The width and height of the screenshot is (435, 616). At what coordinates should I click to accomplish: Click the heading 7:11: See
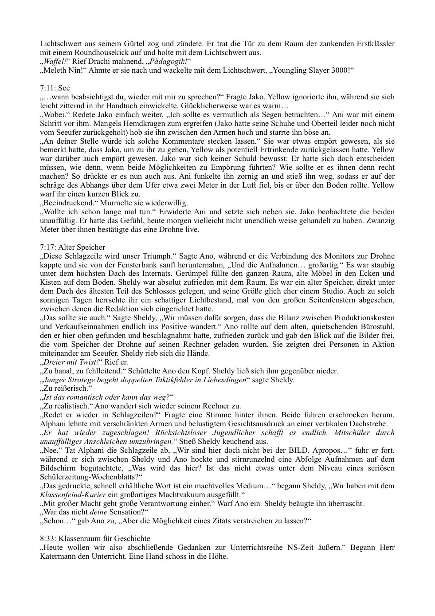(x=55, y=88)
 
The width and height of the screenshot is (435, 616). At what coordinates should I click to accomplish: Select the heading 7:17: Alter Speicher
(x=72, y=247)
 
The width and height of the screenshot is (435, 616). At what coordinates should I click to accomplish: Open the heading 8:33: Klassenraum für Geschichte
(x=95, y=538)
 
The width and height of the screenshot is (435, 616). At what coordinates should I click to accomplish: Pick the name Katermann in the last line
(x=57, y=556)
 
